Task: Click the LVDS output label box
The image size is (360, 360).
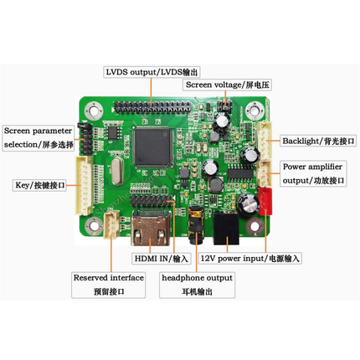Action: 152,72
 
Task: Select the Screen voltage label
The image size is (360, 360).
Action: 227,85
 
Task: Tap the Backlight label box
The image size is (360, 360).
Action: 318,141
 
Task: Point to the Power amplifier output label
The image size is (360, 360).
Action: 313,173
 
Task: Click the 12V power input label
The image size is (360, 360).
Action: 250,259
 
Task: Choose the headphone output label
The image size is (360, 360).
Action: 197,285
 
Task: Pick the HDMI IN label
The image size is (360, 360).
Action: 162,259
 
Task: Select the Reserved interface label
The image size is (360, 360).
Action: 109,285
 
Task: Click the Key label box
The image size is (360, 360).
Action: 39,185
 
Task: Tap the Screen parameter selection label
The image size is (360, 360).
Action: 39,138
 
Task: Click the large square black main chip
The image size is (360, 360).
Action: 152,147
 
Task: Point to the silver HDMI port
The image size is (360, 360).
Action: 151,228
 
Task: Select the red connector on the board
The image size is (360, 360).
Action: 265,201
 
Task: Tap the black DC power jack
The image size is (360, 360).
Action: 226,228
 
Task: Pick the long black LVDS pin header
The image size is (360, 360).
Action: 152,107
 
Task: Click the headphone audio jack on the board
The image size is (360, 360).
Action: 196,225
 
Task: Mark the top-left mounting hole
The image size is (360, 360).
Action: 94,110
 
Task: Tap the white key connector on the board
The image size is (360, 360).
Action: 84,185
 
